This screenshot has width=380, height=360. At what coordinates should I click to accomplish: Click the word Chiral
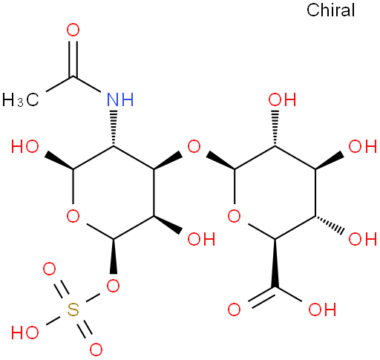click(330, 10)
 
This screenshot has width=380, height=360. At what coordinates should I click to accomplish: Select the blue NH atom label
click(120, 99)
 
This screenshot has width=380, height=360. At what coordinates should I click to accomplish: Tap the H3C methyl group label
click(21, 100)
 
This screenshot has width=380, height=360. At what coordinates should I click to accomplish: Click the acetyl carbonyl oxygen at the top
click(73, 30)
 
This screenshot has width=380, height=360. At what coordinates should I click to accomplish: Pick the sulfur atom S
click(73, 310)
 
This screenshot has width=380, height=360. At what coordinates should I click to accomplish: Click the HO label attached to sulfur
click(24, 333)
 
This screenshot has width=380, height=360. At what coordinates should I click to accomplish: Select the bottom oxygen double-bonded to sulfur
click(96, 350)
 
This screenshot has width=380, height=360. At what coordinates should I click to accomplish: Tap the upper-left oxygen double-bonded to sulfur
click(49, 269)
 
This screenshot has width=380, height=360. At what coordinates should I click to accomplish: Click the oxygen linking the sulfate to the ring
click(113, 286)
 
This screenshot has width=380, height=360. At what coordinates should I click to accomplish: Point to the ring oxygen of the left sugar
click(73, 216)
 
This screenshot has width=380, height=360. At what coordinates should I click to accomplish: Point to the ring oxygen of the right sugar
click(234, 216)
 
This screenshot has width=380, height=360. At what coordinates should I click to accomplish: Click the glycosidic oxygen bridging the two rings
click(194, 146)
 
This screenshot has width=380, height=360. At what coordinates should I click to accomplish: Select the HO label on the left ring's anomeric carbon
click(24, 146)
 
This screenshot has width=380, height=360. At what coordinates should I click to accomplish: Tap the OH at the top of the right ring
click(282, 99)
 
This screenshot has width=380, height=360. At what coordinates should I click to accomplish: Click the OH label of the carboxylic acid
click(322, 310)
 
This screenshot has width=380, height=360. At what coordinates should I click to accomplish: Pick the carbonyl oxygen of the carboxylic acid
click(234, 310)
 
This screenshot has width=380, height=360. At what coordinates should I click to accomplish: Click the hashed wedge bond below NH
click(114, 128)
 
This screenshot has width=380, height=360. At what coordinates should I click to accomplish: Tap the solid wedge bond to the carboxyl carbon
click(275, 263)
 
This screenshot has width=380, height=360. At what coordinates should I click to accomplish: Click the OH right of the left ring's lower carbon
click(201, 239)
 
